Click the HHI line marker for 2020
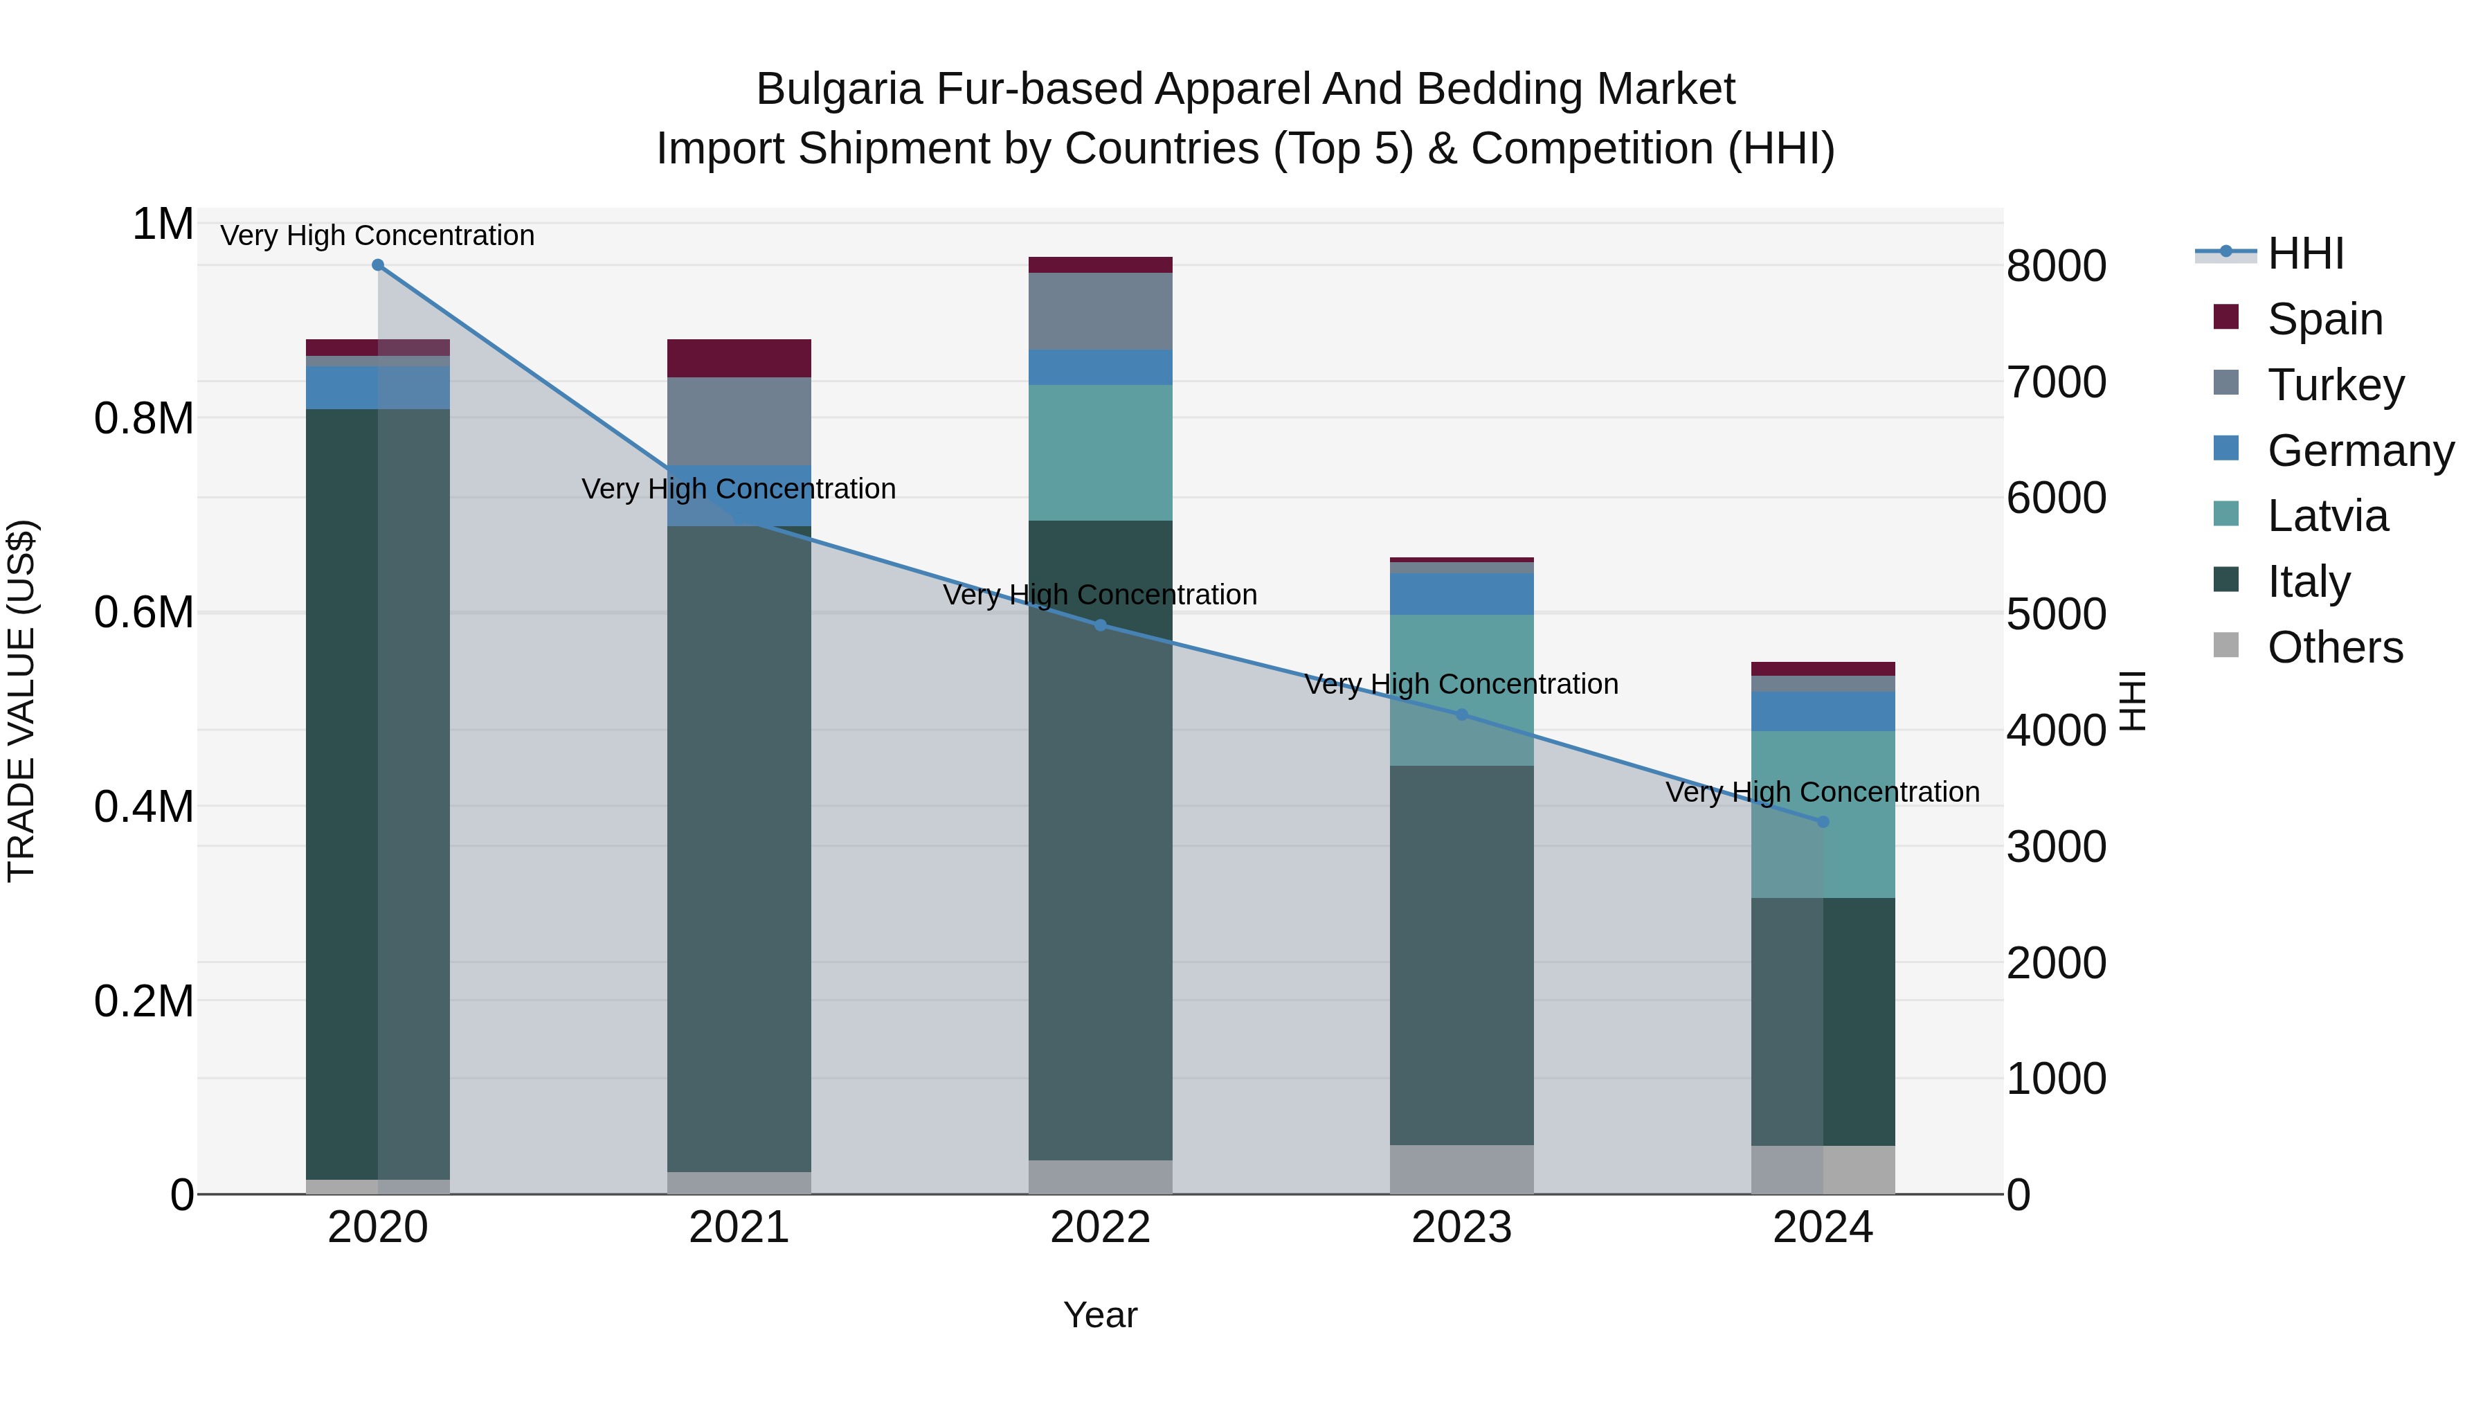[x=378, y=265]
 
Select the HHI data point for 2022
[x=1100, y=625]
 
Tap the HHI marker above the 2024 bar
[x=1823, y=821]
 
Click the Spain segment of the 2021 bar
[x=739, y=358]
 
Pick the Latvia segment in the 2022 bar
[x=1100, y=452]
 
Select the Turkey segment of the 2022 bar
[x=1100, y=311]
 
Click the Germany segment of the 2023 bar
[x=1462, y=593]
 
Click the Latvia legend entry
[x=2327, y=516]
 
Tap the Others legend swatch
[x=2226, y=645]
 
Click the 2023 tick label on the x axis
[x=1462, y=1228]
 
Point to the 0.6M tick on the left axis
[x=143, y=613]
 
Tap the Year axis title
[x=1100, y=1315]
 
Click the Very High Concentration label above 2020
[x=377, y=235]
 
